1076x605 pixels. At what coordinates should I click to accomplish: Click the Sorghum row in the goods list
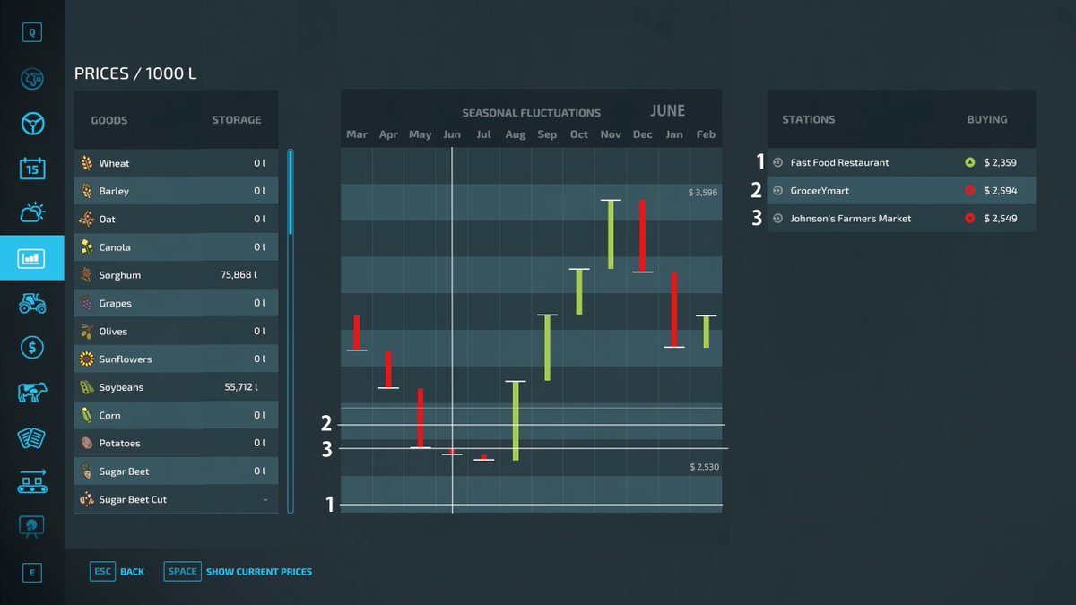(176, 275)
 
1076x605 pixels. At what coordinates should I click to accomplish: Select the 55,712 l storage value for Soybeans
(241, 387)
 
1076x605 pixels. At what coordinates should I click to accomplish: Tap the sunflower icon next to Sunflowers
(86, 359)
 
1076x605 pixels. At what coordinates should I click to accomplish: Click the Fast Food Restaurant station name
(839, 163)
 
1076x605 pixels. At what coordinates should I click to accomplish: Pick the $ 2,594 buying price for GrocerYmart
(1000, 191)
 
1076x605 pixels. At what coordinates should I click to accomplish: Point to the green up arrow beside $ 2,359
(970, 162)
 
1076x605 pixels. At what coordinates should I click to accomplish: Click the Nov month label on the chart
(611, 134)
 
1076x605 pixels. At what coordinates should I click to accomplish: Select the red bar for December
(642, 236)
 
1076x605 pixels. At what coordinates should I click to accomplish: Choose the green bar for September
(547, 348)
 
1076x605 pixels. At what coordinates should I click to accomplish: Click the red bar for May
(421, 419)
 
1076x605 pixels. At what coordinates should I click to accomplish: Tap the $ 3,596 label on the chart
(702, 193)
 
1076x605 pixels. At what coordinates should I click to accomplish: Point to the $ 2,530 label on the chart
(704, 467)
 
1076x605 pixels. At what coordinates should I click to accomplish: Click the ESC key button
(102, 572)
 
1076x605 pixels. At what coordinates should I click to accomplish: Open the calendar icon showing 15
(32, 169)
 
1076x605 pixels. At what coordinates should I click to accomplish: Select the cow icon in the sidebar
(32, 393)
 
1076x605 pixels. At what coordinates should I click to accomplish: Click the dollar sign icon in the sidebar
(32, 347)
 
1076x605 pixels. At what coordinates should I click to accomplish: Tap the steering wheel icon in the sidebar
(32, 124)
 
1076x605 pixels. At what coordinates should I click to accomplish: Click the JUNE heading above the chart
(668, 111)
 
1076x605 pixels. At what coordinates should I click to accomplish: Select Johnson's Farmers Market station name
(851, 219)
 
